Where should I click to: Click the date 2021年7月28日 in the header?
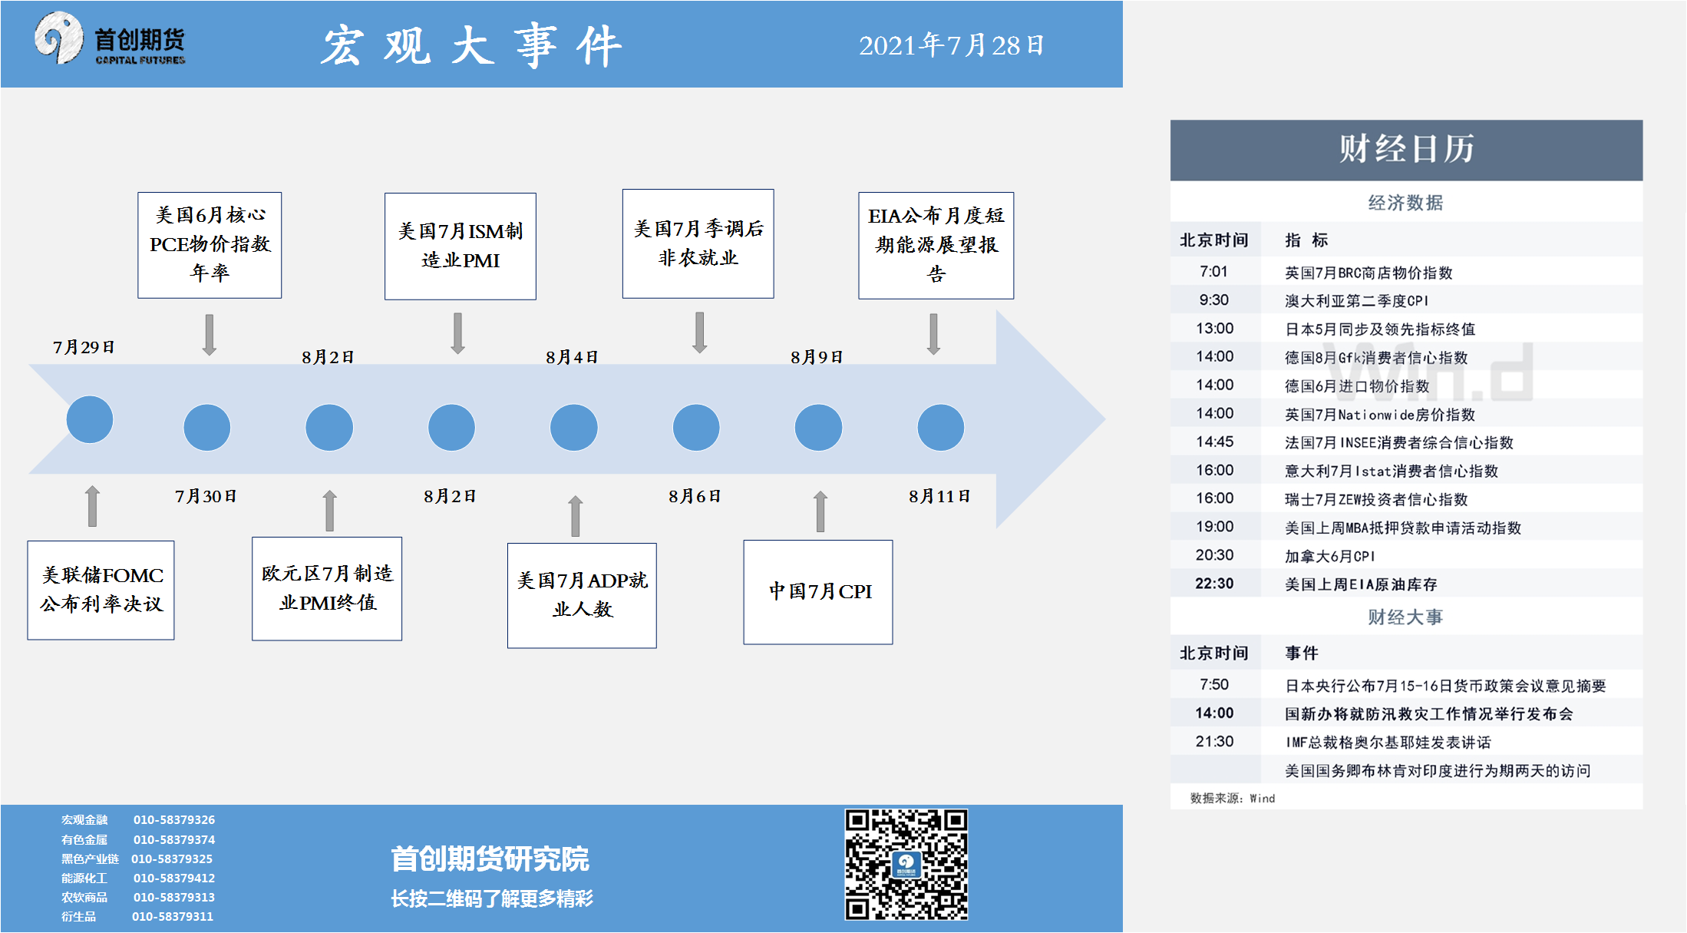(x=951, y=45)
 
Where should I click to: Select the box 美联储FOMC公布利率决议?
(x=101, y=590)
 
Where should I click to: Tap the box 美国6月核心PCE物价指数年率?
(x=210, y=245)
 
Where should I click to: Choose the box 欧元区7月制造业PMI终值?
(x=327, y=588)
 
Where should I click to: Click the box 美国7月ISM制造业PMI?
(x=461, y=246)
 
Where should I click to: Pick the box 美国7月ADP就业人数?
(x=582, y=595)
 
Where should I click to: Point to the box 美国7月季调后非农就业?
(x=698, y=243)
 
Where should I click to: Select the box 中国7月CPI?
(x=818, y=592)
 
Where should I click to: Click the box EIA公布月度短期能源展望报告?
(x=936, y=245)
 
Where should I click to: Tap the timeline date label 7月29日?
(x=84, y=347)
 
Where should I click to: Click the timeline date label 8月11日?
(x=939, y=496)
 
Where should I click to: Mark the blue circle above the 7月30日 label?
(x=207, y=428)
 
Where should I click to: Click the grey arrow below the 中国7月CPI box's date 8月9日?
(x=820, y=511)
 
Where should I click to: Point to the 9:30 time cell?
(x=1214, y=300)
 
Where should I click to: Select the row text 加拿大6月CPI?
(x=1330, y=556)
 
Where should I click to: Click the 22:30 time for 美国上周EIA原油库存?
(x=1214, y=584)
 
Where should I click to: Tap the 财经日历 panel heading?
(x=1406, y=149)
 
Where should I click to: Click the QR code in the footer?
(x=906, y=865)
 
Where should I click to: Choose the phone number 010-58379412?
(x=174, y=878)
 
